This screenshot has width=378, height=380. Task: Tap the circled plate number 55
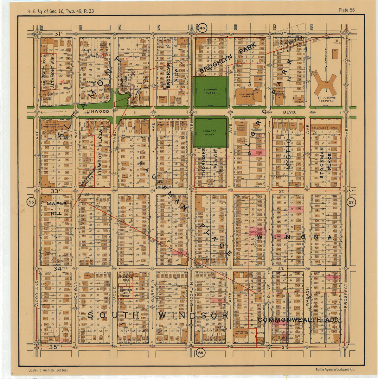coord(31,202)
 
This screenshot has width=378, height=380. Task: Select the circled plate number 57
coord(351,202)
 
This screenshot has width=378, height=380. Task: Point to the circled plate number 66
coord(200,353)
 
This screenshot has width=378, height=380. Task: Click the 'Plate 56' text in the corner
coord(346,10)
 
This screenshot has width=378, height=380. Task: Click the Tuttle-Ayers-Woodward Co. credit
coord(335,370)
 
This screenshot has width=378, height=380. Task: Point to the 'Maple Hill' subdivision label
coord(57,208)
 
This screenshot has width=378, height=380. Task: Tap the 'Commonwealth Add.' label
coord(298,320)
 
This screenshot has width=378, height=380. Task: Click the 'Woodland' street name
coord(37,293)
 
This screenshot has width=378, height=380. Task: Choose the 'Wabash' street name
coord(307,296)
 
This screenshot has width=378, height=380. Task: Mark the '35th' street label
coord(56,347)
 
